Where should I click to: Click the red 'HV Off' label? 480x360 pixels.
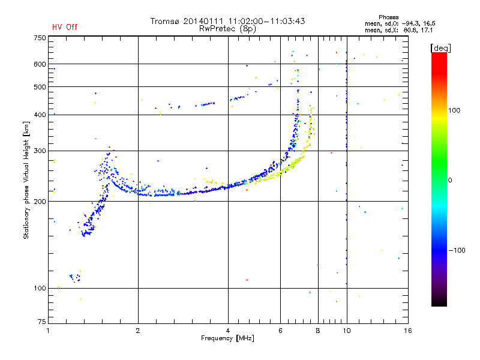tap(64, 27)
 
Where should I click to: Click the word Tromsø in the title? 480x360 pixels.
tap(166, 21)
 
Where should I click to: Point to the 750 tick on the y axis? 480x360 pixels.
tap(40, 37)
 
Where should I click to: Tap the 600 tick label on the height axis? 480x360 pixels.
tap(40, 64)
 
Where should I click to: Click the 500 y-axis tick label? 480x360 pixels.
tap(40, 87)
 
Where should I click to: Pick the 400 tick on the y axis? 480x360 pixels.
tap(40, 115)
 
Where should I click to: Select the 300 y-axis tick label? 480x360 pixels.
tap(40, 151)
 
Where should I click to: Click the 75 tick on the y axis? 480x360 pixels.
tap(41, 323)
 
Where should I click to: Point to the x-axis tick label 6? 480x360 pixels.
tap(280, 331)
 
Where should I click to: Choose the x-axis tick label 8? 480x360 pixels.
tap(318, 331)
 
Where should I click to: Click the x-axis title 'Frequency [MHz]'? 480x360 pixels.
tap(228, 339)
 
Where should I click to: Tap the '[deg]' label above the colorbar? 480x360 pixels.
tap(440, 47)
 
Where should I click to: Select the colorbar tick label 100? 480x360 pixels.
tap(454, 110)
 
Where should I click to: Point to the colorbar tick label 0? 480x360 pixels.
tap(451, 180)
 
